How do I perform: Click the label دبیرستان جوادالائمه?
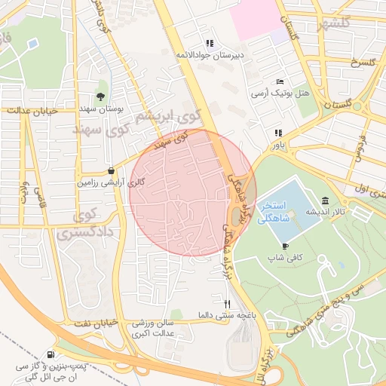pyautogui.click(x=207, y=56)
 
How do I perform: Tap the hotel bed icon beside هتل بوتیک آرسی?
pyautogui.click(x=280, y=81)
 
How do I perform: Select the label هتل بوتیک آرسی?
pyautogui.click(x=280, y=93)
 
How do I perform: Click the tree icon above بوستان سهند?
pyautogui.click(x=100, y=96)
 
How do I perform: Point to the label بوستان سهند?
pyautogui.click(x=100, y=109)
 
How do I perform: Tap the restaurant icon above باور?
pyautogui.click(x=277, y=133)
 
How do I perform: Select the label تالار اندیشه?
pyautogui.click(x=324, y=213)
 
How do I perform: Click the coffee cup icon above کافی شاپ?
pyautogui.click(x=285, y=246)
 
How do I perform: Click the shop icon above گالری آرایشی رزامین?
pyautogui.click(x=112, y=170)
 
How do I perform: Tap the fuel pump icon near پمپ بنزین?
pyautogui.click(x=51, y=354)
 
